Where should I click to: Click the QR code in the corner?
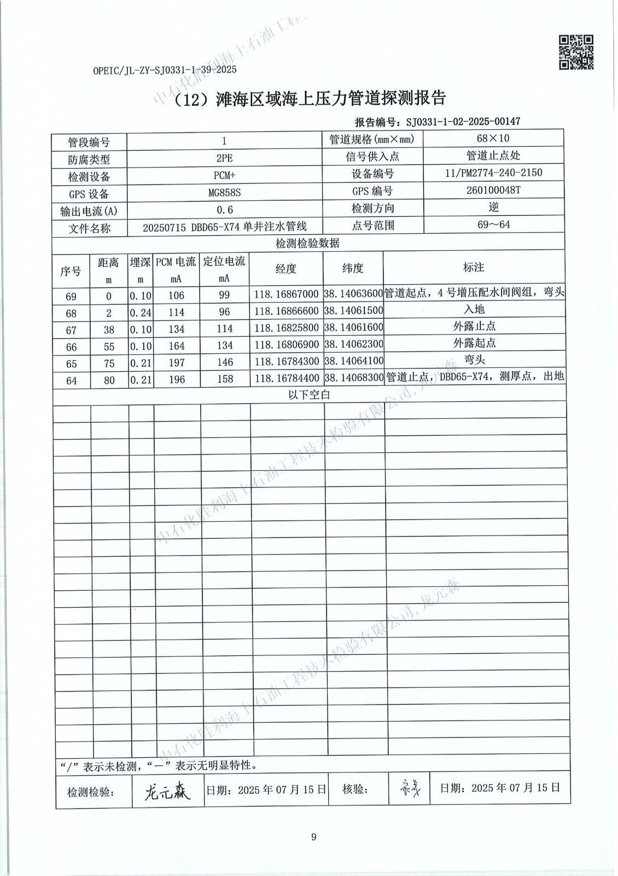(576, 52)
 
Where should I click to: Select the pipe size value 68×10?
(493, 138)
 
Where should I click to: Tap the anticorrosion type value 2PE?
(224, 158)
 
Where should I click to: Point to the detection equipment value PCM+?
(224, 176)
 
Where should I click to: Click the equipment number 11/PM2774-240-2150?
(493, 172)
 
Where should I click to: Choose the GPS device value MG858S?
(224, 193)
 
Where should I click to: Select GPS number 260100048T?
(493, 190)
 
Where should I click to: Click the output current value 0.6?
(224, 210)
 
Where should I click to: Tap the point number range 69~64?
(493, 224)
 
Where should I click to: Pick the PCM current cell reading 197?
(176, 362)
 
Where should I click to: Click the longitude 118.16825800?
(286, 329)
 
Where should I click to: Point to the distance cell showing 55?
(109, 347)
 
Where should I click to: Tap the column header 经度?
(286, 268)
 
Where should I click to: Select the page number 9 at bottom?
(313, 837)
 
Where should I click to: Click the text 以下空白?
(309, 395)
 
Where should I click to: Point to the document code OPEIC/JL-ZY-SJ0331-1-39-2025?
(165, 70)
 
